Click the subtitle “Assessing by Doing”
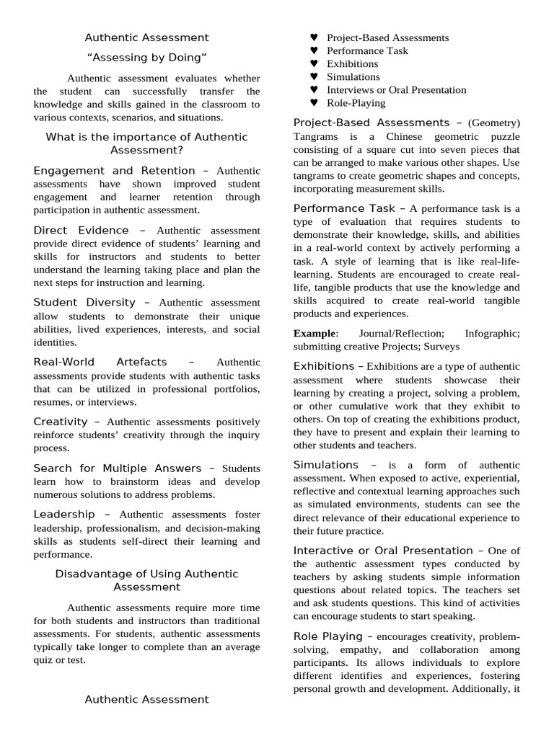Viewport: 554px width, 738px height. (x=146, y=57)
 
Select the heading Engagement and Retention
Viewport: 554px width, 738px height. (x=114, y=171)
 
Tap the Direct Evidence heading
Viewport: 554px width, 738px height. (x=81, y=231)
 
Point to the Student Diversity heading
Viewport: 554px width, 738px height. (x=84, y=303)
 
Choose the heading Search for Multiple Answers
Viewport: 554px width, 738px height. (x=115, y=468)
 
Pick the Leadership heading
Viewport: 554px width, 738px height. (x=64, y=515)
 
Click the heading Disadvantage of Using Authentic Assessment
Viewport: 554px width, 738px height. (x=146, y=580)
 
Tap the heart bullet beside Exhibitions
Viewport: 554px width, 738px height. (x=314, y=64)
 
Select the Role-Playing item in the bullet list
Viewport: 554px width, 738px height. (x=356, y=103)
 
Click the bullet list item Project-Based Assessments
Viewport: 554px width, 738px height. (x=387, y=37)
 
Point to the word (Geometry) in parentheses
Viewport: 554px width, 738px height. (x=494, y=123)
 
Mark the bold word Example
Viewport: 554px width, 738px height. (x=315, y=333)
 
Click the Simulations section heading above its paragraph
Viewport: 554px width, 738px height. (x=325, y=465)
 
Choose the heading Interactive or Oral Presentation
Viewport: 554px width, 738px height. (x=383, y=551)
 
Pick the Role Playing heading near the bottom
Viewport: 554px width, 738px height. (x=327, y=636)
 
